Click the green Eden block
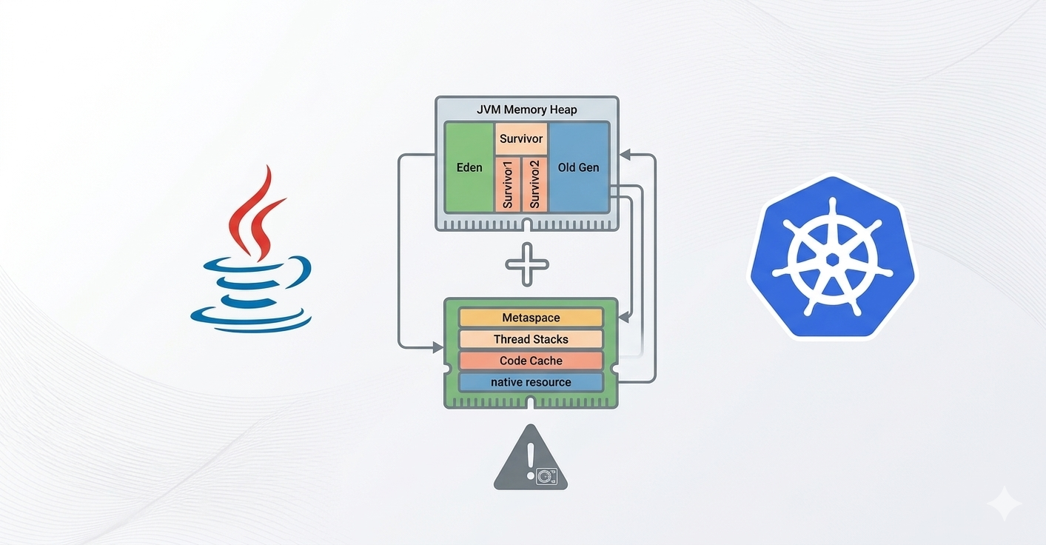(469, 167)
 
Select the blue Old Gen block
(578, 167)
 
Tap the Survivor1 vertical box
(508, 184)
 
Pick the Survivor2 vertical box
(534, 184)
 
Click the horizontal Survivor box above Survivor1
(521, 138)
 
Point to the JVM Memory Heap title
(527, 110)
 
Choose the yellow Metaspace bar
(531, 318)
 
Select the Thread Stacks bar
(531, 339)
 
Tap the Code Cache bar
(531, 361)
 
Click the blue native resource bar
(531, 382)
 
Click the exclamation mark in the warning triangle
(530, 460)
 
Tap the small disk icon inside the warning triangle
(548, 475)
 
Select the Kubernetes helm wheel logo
(833, 256)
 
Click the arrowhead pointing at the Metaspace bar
(623, 318)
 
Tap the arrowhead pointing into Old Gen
(625, 155)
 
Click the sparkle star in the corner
(1004, 504)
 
